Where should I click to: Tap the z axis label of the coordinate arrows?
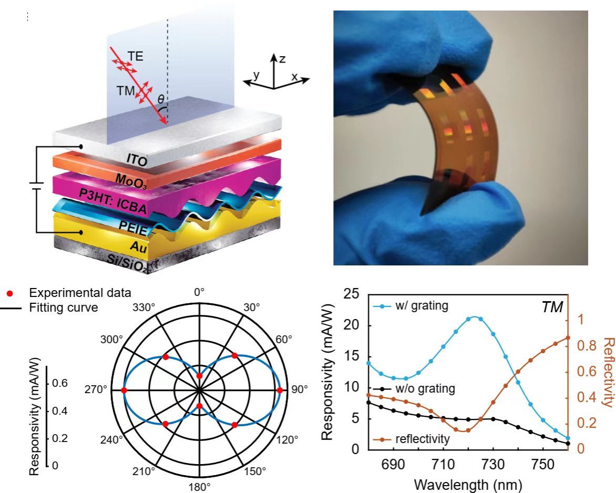click(x=282, y=59)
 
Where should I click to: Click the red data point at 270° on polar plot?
click(x=124, y=390)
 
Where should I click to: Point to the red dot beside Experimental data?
click(x=9, y=292)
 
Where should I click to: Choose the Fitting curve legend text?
click(x=64, y=307)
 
